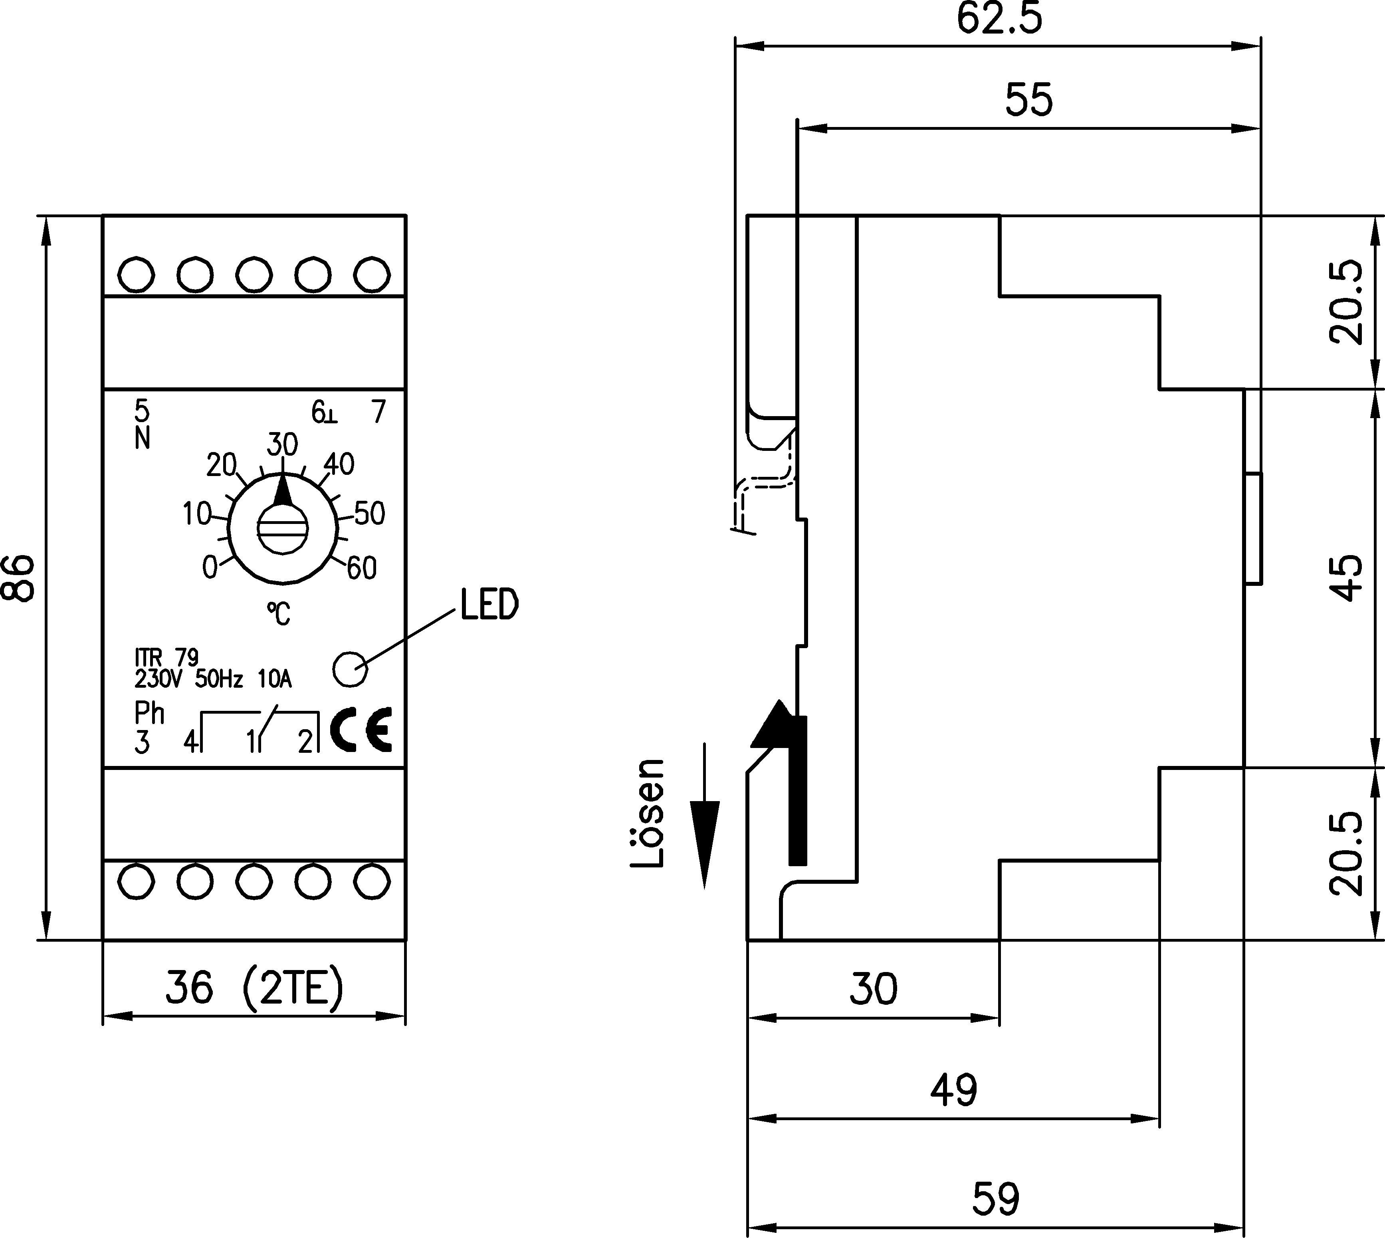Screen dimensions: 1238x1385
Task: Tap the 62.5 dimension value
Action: coord(999,19)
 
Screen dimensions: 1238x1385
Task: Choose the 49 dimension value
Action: coord(953,1090)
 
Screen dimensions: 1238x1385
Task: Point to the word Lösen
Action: coord(647,813)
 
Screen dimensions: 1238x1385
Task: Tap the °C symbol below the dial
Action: coord(278,614)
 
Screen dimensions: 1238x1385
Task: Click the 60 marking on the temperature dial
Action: coord(362,568)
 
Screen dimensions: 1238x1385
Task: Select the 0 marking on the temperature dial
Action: coord(210,567)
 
